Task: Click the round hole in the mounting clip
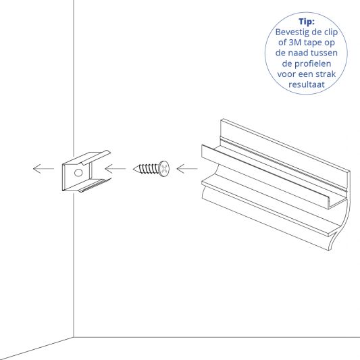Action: (78, 173)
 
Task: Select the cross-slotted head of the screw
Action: (163, 166)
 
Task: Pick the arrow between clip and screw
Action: (116, 168)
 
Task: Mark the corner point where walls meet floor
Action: (73, 335)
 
